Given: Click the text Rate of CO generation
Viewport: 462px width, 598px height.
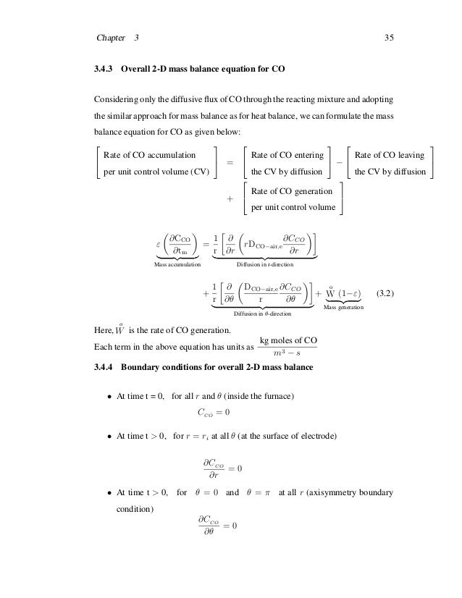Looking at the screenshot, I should tap(292, 191).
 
